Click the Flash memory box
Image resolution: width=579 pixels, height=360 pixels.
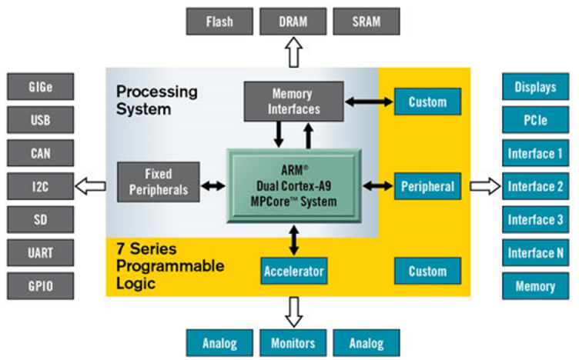[x=219, y=22]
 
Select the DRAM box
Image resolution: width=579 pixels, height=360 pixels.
[x=293, y=22]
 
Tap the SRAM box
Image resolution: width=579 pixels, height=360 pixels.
[x=366, y=22]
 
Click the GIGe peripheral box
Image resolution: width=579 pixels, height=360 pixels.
[x=40, y=87]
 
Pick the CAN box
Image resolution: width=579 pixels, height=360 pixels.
[x=40, y=153]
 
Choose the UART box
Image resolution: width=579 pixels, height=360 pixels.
[x=40, y=252]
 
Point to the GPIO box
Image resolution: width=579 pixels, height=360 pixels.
[x=40, y=286]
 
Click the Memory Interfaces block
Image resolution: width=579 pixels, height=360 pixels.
[x=294, y=102]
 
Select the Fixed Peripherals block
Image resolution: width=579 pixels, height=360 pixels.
[x=159, y=182]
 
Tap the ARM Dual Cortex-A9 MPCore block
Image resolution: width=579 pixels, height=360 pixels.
[x=294, y=186]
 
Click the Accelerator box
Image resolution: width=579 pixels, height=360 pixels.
[x=294, y=271]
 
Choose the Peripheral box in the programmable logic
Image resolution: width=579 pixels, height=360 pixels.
[x=427, y=186]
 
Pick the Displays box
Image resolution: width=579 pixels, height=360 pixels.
[x=535, y=87]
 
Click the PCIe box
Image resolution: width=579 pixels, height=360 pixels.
[x=535, y=120]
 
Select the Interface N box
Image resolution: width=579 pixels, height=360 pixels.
[x=535, y=252]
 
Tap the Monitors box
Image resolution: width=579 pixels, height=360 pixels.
[x=293, y=343]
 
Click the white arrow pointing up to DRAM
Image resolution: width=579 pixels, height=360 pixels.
[x=293, y=52]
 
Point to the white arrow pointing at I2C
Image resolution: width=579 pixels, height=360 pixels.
[x=91, y=186]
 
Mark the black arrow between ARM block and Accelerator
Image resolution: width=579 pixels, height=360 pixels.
[x=294, y=241]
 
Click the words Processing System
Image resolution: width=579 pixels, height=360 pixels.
[x=157, y=100]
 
